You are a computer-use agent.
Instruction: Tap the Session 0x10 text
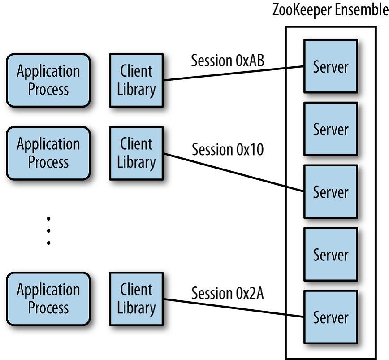(228, 149)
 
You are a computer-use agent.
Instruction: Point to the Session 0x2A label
(228, 293)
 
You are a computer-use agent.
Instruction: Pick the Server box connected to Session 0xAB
(330, 66)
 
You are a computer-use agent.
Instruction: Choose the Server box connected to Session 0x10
(330, 192)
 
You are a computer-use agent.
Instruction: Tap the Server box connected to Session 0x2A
(330, 317)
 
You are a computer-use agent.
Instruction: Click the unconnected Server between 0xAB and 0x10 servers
(330, 129)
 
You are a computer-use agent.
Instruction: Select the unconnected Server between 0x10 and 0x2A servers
(330, 255)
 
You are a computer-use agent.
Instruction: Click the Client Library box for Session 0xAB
(136, 80)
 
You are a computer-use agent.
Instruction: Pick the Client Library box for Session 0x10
(136, 153)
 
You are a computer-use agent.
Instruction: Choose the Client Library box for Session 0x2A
(136, 299)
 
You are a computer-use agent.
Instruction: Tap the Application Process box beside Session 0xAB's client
(48, 80)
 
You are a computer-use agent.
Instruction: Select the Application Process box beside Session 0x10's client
(48, 153)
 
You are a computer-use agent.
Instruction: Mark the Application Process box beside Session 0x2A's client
(48, 299)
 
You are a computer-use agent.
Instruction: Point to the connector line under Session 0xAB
(233, 74)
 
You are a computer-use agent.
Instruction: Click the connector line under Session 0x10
(233, 172)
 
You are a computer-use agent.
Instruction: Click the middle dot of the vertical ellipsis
(48, 231)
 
